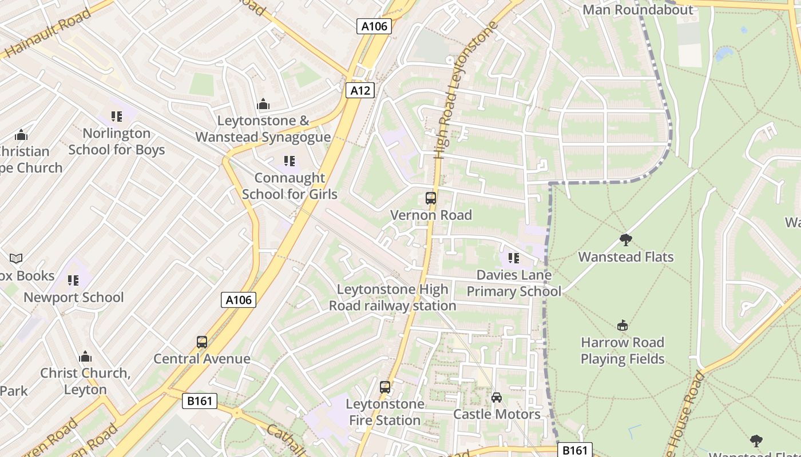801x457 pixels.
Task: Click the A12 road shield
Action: click(360, 90)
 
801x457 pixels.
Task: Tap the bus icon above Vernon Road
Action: click(431, 198)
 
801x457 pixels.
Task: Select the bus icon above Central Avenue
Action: click(202, 342)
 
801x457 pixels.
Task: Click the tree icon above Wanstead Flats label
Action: click(626, 240)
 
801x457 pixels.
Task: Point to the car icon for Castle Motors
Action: click(497, 398)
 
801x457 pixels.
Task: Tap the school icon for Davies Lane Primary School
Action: click(513, 258)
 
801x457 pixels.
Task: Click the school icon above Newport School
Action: click(73, 280)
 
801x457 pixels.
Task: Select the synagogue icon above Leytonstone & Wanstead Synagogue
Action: click(263, 104)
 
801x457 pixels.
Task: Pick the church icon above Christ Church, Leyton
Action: click(85, 357)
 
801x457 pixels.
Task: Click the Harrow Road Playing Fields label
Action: click(622, 351)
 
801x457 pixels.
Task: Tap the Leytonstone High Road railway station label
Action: click(392, 298)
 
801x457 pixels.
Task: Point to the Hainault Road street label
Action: click(48, 33)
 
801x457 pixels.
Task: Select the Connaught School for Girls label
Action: click(290, 186)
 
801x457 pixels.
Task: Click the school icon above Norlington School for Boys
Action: click(117, 117)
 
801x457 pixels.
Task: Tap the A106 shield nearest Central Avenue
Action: click(239, 299)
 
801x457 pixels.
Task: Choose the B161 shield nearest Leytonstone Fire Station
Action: click(200, 401)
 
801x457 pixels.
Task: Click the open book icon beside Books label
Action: click(16, 259)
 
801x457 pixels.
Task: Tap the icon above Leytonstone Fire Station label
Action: click(385, 387)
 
